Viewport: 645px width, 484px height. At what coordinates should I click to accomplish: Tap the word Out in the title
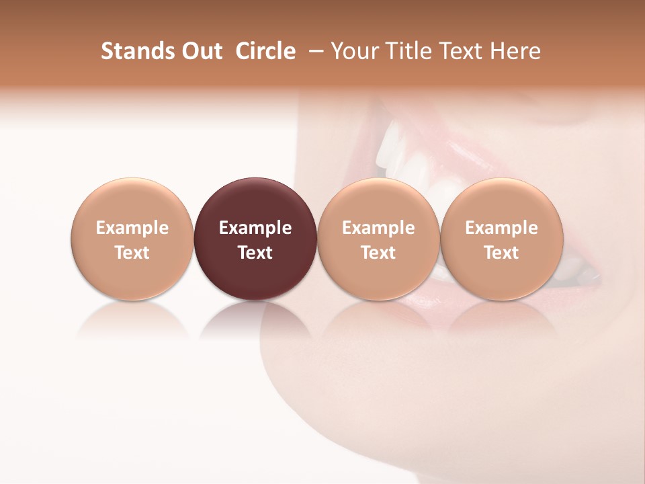coord(200,51)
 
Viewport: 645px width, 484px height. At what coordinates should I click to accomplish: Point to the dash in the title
coord(313,52)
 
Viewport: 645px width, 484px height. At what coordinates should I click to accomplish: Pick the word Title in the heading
coord(410,51)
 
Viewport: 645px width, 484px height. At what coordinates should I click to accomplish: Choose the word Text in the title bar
coord(465,51)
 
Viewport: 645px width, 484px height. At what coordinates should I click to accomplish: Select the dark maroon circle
coord(255,202)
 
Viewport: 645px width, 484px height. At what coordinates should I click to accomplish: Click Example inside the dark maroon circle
coord(255,228)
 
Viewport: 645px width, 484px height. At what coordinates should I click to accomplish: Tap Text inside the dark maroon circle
coord(255,253)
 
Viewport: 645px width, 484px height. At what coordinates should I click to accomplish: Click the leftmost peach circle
coord(132,202)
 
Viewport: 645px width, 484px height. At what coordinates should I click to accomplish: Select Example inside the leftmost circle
coord(132,228)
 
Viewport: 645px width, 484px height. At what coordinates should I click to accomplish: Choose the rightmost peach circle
coord(502,202)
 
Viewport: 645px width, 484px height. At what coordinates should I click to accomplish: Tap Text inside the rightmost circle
coord(502,253)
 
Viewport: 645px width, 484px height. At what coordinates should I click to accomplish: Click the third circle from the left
coord(378,202)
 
